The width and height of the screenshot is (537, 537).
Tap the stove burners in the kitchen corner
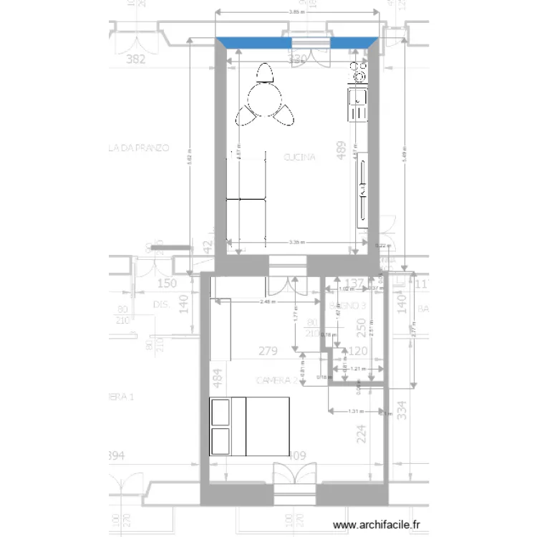click(x=357, y=72)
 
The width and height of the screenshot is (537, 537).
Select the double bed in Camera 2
click(x=249, y=426)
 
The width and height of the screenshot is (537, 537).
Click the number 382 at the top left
click(x=135, y=59)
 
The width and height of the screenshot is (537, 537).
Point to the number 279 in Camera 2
click(x=267, y=351)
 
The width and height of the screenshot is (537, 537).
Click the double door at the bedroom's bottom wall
click(x=294, y=476)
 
